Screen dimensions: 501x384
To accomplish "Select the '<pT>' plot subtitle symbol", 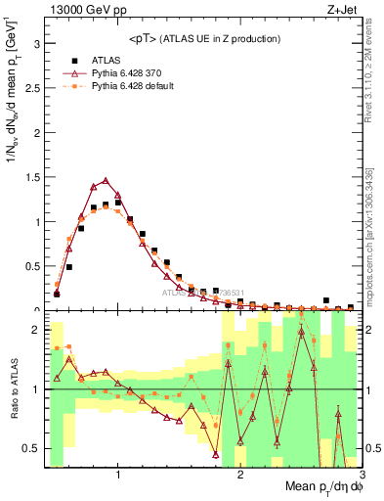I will tap(146, 39).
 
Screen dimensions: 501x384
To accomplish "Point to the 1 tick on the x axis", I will tap(118, 475).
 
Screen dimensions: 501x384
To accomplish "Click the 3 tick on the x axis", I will tap(361, 475).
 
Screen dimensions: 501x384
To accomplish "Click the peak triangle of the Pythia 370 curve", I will tap(106, 180).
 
